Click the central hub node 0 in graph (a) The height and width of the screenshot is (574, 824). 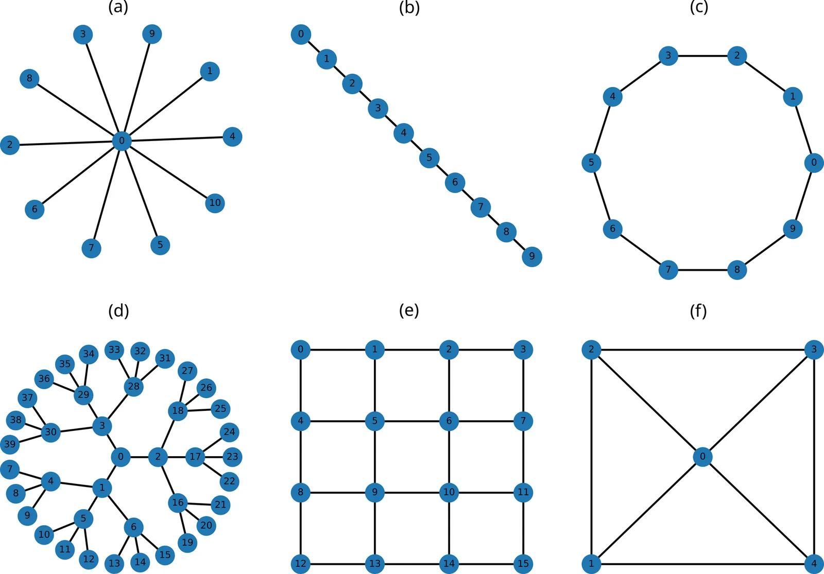coord(122,141)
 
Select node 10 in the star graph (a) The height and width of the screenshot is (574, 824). coord(215,203)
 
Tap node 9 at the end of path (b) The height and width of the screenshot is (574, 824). coord(531,256)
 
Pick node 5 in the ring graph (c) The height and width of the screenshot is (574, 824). coord(591,163)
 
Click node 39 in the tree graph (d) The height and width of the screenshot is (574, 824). coord(10,444)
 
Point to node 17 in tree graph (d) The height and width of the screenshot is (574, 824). coord(195,457)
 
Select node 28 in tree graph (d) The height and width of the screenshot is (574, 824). coord(133,386)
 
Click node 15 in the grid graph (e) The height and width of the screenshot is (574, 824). coord(523,564)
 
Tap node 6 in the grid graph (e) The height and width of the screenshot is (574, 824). coord(449,421)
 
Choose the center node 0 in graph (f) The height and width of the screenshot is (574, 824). coord(702,457)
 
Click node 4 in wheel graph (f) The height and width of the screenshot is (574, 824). coord(814,564)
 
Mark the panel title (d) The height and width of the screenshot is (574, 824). coord(118,311)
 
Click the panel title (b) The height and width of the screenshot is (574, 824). coord(409,8)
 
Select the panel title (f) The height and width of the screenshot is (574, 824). coord(698,311)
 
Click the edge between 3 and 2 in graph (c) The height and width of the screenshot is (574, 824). coord(702,55)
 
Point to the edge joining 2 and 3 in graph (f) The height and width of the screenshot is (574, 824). coord(702,350)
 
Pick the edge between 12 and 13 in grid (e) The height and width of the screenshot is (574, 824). coord(337,564)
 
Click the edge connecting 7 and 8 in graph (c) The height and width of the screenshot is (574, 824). coord(702,269)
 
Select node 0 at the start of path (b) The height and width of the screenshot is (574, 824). coord(301,34)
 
